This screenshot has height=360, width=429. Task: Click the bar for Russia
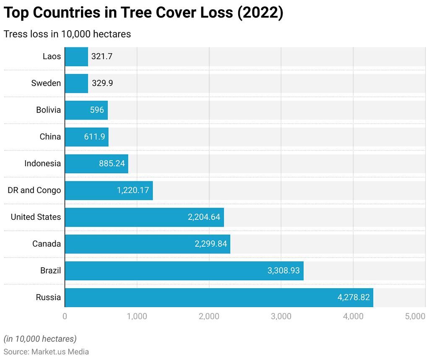pyautogui.click(x=218, y=297)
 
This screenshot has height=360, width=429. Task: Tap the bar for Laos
pyautogui.click(x=76, y=56)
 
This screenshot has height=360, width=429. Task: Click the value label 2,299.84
pyautogui.click(x=211, y=244)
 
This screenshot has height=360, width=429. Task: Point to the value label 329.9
pyautogui.click(x=102, y=83)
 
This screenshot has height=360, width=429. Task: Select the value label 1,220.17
pyautogui.click(x=133, y=190)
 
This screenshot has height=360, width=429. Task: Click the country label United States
pyautogui.click(x=36, y=217)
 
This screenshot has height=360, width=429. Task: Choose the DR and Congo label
pyautogui.click(x=34, y=190)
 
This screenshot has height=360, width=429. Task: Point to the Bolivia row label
pyautogui.click(x=48, y=110)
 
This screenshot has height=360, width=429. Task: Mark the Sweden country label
pyautogui.click(x=46, y=83)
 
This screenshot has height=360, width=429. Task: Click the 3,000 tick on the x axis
pyautogui.click(x=281, y=316)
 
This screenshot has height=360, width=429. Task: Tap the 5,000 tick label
pyautogui.click(x=416, y=316)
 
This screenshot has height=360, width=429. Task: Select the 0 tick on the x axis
pyautogui.click(x=65, y=316)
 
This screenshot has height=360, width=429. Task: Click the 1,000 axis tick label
pyautogui.click(x=137, y=316)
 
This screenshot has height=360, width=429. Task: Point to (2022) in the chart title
pyautogui.click(x=260, y=13)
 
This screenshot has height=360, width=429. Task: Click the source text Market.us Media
pyautogui.click(x=60, y=352)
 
